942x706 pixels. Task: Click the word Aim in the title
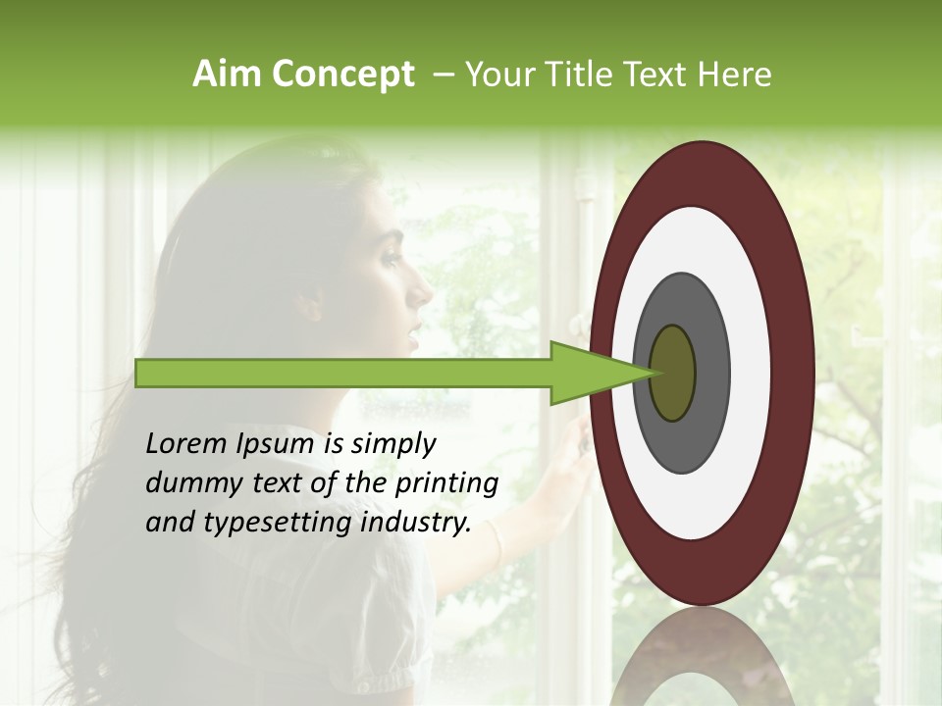(x=227, y=75)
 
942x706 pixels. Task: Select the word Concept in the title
(x=342, y=75)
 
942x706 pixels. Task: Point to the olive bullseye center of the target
(x=673, y=373)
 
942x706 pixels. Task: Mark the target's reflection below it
(x=703, y=662)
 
